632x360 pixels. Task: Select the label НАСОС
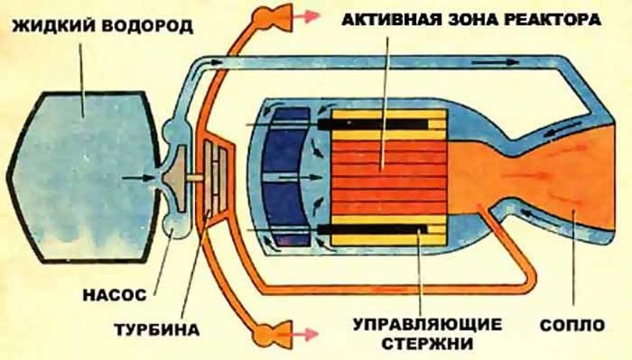[x=114, y=295]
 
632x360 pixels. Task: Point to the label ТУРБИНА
[x=157, y=330]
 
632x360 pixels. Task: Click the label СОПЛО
[x=572, y=325]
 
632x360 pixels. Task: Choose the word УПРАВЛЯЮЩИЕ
[x=428, y=324]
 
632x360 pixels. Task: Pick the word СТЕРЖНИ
[x=428, y=344]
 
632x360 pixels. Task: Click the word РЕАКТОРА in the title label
[x=553, y=19]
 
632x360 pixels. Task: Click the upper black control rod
[x=373, y=124]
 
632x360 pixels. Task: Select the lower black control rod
[x=373, y=230]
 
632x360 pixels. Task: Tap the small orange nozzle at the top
[x=273, y=17]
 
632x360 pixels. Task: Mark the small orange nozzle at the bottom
[x=273, y=335]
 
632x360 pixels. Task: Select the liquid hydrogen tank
[x=83, y=177]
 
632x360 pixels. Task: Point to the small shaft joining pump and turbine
[x=194, y=178]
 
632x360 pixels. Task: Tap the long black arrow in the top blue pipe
[x=495, y=62]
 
